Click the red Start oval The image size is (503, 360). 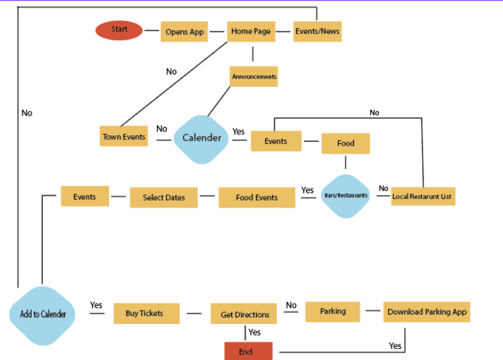coord(119,30)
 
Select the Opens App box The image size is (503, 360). coord(185,32)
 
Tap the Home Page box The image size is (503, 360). coord(251,32)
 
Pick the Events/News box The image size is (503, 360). coord(317,32)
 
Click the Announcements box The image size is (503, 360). coord(253,77)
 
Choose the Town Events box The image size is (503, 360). coord(124,137)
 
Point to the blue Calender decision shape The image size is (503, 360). coord(202,139)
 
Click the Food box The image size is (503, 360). coord(345,143)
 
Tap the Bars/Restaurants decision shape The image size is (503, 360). coord(346,196)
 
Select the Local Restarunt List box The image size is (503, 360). coord(422,196)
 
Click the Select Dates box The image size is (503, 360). coord(164,197)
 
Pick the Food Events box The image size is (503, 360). coord(257,197)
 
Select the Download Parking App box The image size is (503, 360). coord(427,312)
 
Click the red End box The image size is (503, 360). coord(248,351)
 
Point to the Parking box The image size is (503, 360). coord(333,311)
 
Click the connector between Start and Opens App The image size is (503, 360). coord(152,30)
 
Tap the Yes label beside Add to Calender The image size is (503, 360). coord(96,305)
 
